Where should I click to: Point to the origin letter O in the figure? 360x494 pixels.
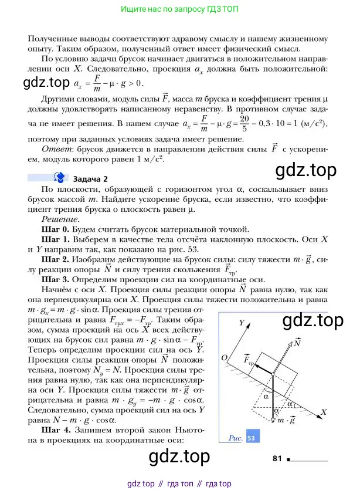tap(224, 357)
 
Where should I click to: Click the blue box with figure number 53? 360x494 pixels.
tap(253, 437)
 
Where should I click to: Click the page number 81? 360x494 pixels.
tap(278, 458)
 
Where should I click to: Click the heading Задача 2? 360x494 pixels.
tap(90, 179)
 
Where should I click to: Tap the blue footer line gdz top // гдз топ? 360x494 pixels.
tap(179, 484)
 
